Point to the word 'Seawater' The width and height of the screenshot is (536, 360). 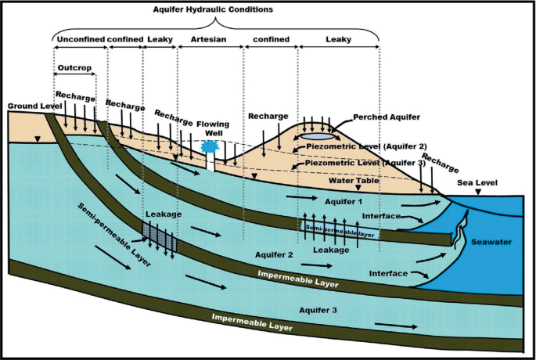click(491, 242)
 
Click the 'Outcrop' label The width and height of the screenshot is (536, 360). click(74, 67)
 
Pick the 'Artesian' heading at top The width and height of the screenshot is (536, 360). click(209, 38)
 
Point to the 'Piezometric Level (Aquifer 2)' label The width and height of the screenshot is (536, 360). click(378, 146)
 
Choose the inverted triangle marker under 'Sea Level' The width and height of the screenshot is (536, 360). click(478, 192)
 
